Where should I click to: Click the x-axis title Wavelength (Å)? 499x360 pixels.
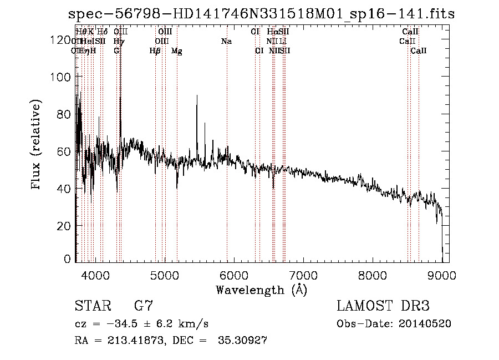261,290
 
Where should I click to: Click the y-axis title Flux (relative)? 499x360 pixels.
37,145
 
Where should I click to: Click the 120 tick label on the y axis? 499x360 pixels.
60,40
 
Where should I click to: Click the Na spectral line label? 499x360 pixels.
226,41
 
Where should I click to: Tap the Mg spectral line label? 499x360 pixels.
177,51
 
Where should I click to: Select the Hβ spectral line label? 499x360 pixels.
155,51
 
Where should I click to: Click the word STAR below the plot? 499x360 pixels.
93,306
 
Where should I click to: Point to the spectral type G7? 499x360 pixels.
143,306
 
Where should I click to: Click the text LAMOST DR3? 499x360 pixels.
383,306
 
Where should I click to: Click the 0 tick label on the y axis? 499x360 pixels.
67,259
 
